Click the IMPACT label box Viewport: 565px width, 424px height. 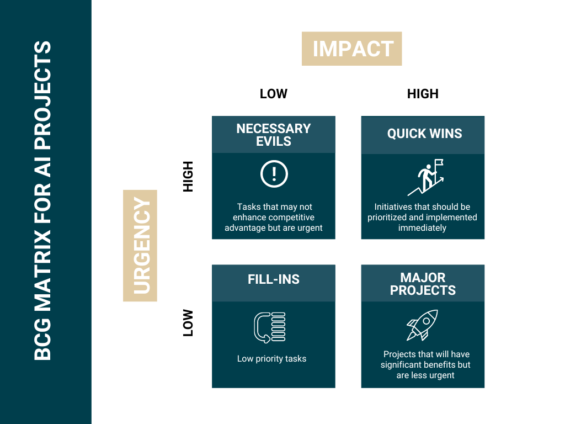point(351,49)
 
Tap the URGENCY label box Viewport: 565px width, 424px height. point(140,246)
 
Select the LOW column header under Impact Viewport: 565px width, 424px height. point(274,94)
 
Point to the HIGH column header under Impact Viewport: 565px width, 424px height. point(423,94)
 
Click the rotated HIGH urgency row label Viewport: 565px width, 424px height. point(188,176)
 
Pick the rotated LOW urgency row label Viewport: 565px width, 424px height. point(188,322)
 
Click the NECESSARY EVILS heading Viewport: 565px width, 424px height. point(274,135)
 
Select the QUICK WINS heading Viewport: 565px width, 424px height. point(424,134)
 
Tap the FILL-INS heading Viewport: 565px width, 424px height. point(274,279)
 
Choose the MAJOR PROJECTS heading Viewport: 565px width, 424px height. point(423,284)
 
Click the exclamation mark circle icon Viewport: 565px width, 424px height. point(274,174)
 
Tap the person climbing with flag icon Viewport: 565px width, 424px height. point(425,177)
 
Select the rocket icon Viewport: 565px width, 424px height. point(422,325)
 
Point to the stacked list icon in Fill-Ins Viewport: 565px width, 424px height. point(269,327)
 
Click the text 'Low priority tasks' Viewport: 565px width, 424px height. point(271,359)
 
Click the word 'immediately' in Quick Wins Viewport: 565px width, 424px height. point(422,228)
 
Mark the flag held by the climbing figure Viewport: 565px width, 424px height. point(439,163)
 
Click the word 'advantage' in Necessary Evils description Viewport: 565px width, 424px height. point(242,228)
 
